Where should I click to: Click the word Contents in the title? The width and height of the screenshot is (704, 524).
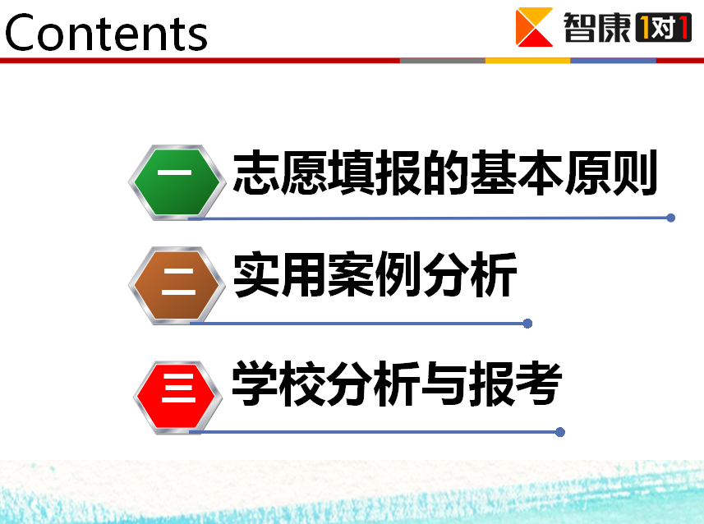106,32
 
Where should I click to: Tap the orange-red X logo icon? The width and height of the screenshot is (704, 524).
534,27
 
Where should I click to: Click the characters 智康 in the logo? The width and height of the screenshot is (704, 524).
597,27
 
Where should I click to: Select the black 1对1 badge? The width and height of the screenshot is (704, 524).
664,27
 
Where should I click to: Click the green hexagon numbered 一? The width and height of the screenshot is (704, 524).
177,182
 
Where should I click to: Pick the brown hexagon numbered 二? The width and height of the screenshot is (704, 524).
177,285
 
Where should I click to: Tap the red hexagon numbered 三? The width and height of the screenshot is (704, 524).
177,398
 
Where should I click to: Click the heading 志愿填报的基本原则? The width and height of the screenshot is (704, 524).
445,172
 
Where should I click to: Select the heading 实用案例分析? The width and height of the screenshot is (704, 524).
375,273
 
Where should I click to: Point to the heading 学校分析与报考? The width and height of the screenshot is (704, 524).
397,384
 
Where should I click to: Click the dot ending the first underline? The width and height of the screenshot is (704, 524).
671,218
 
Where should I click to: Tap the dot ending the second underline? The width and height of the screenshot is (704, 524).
528,324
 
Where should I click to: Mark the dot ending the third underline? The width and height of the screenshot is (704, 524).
560,432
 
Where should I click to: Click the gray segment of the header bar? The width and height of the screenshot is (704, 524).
443,60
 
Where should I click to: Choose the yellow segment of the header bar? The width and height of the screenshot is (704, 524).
528,60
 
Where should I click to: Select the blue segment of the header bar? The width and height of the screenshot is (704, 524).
614,60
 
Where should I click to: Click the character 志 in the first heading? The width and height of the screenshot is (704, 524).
256,172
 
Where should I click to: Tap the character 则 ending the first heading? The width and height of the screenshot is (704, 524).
634,172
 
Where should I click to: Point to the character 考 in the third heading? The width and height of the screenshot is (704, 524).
539,384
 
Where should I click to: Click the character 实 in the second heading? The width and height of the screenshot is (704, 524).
257,273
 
